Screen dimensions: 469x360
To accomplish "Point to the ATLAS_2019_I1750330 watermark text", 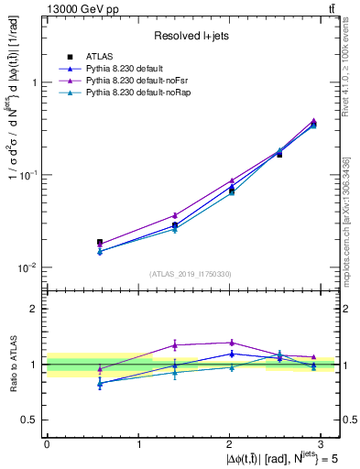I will (x=191, y=274).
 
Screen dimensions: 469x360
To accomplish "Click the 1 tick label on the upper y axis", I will (x=36, y=82).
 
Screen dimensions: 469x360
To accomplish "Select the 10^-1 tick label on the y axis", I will (x=30, y=175).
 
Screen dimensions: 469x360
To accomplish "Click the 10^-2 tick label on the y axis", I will (x=30, y=267).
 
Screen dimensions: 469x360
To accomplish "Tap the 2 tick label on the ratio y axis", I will (x=36, y=309).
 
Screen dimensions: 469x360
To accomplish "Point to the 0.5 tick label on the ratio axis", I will (x=31, y=420).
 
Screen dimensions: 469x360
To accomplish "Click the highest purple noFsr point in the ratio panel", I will (x=229, y=343).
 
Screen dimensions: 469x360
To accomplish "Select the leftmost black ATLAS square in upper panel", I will (x=99, y=243).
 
